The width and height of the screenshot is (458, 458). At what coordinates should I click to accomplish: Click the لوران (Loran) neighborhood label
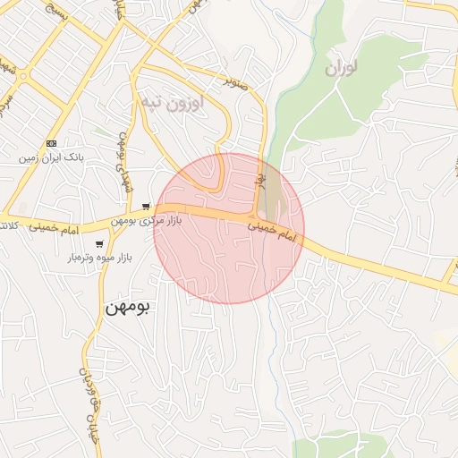pos(341,67)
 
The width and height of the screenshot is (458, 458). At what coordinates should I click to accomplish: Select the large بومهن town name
pos(128,306)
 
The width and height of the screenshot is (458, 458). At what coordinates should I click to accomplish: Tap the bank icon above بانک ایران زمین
pos(51,143)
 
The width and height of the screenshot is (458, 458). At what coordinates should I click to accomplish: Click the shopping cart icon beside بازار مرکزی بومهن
pos(146,206)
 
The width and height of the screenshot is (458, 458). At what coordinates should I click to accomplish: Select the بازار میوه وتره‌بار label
pos(99,258)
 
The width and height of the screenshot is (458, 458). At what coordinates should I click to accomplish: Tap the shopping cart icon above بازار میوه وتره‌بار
pos(99,243)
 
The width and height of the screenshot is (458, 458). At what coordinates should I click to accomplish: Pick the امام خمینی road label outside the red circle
pos(55,228)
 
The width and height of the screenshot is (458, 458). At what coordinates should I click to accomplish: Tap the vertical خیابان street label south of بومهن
pos(89,394)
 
